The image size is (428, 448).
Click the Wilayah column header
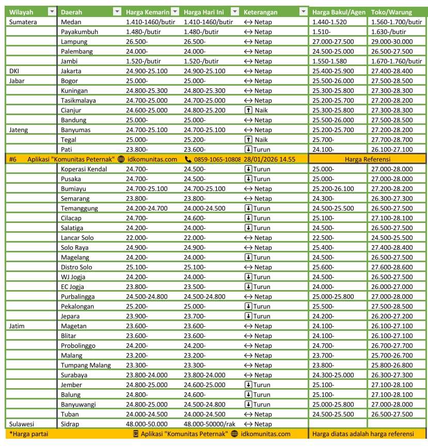pyautogui.click(x=21, y=12)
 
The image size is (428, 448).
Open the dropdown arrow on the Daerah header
pyautogui.click(x=117, y=12)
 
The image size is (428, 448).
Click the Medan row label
pyautogui.click(x=71, y=22)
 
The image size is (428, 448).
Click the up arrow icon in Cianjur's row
pyautogui.click(x=249, y=110)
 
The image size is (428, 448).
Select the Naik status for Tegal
pyautogui.click(x=261, y=140)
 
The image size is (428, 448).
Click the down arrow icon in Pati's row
pyautogui.click(x=249, y=150)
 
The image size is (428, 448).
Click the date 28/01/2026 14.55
pyautogui.click(x=270, y=159)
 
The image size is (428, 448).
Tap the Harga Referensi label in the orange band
pyautogui.click(x=368, y=159)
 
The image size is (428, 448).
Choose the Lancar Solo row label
pyautogui.click(x=77, y=238)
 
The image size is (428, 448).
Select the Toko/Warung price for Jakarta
pyautogui.click(x=392, y=71)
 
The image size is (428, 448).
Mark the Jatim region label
pyautogui.click(x=17, y=326)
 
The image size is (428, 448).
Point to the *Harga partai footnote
pyautogui.click(x=28, y=434)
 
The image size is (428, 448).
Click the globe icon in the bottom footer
pyautogui.click(x=235, y=434)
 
